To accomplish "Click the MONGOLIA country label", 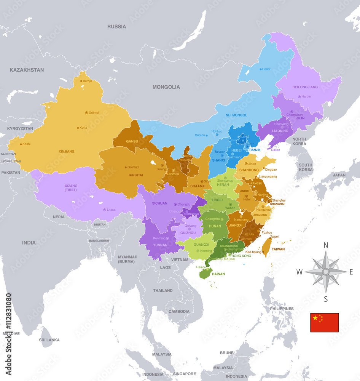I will click(x=166, y=87).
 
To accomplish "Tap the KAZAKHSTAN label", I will click(x=27, y=70).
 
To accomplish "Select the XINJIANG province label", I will click(x=67, y=151).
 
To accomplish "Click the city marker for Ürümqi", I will click(x=86, y=112).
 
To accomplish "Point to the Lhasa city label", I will click(x=111, y=210).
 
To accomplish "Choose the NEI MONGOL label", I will click(x=236, y=115).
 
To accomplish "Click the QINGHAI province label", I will click(x=136, y=175).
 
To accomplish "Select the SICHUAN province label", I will click(x=159, y=203).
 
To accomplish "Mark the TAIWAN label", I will click(x=278, y=249).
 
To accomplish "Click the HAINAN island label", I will click(x=218, y=274).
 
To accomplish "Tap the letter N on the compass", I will click(x=326, y=245).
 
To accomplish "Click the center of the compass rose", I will click(x=326, y=272).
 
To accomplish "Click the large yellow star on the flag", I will click(x=315, y=318).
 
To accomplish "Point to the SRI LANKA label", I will click(x=48, y=339).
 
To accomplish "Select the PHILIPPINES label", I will click(x=282, y=309).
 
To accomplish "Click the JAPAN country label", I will click(x=339, y=175).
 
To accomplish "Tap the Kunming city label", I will click(x=159, y=238).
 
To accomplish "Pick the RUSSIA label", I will click(x=116, y=27).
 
